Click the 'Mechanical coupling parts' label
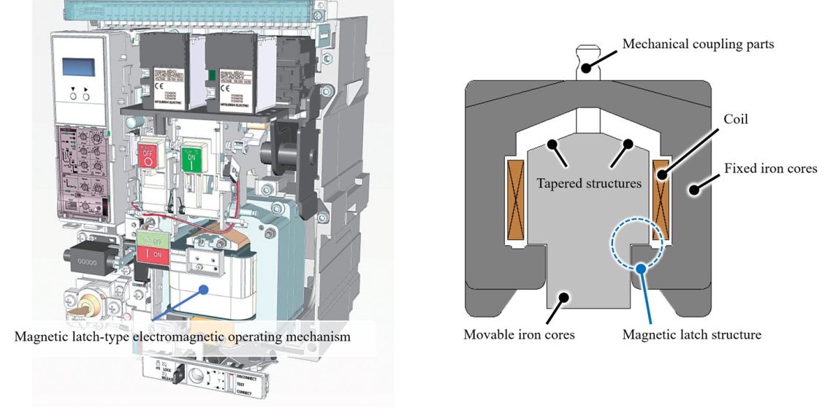pyautogui.click(x=698, y=44)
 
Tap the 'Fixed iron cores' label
pyautogui.click(x=770, y=169)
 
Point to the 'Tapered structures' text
pyautogui.click(x=589, y=182)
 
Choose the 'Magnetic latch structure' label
pyautogui.click(x=692, y=335)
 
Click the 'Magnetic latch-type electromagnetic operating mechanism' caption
pyautogui.click(x=182, y=337)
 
